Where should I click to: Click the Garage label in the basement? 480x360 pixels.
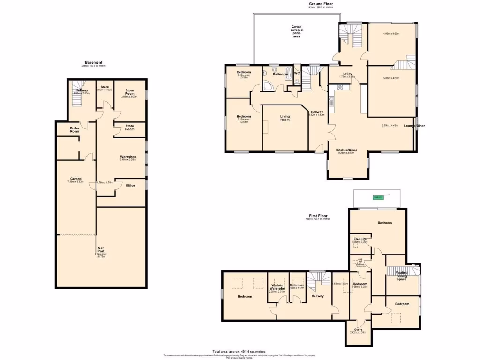[76, 179]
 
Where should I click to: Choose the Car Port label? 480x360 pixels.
[101, 251]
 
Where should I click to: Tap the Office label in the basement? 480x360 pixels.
[130, 185]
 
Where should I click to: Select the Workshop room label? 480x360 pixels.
[128, 157]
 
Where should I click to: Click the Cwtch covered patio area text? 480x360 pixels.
[296, 31]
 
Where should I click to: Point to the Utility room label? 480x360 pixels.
[347, 74]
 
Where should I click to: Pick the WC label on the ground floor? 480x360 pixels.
[297, 73]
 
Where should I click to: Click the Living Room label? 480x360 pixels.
[285, 118]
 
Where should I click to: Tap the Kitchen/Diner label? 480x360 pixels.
[347, 150]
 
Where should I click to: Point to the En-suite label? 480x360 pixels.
[360, 239]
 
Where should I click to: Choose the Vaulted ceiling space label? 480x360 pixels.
[401, 276]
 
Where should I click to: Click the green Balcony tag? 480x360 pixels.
[378, 197]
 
